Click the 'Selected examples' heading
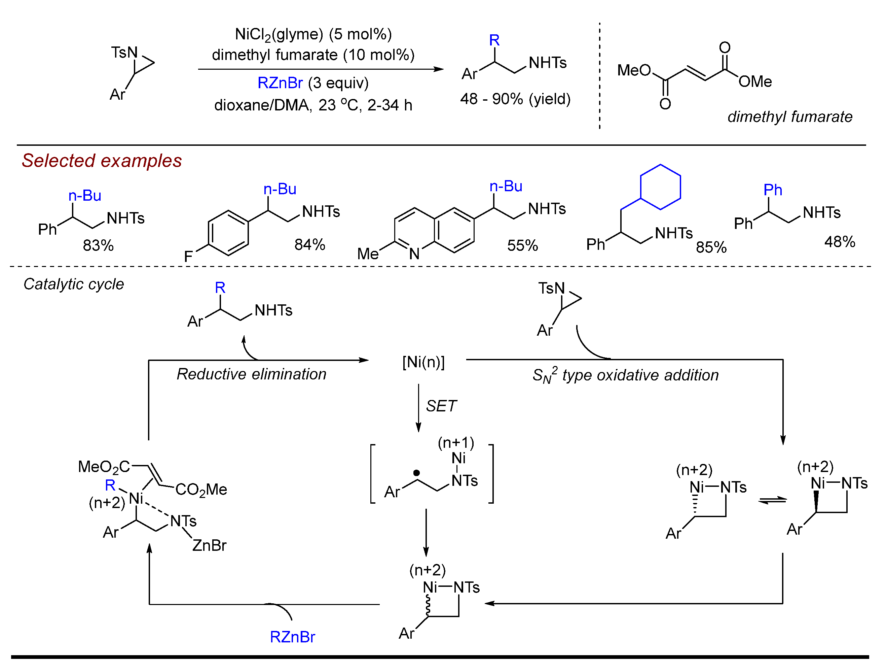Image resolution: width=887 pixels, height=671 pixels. (x=102, y=161)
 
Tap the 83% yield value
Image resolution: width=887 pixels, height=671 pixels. (x=98, y=245)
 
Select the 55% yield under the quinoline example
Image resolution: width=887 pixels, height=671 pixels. (x=522, y=245)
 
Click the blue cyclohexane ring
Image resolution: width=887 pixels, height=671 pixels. (x=660, y=187)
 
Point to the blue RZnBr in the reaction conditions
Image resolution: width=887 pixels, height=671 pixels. (x=280, y=83)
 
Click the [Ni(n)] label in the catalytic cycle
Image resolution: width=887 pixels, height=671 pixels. (x=423, y=362)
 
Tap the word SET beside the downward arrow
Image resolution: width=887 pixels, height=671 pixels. (x=441, y=406)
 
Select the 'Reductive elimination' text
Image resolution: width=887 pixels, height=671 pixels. (x=251, y=374)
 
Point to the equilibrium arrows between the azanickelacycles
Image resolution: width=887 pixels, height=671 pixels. (x=772, y=500)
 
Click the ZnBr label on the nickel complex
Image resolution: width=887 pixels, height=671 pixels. (x=209, y=545)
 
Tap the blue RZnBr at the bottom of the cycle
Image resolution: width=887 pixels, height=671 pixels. (x=292, y=637)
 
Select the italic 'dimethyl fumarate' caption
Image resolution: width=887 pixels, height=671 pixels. (x=789, y=117)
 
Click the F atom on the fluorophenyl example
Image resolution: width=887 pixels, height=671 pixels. (x=188, y=256)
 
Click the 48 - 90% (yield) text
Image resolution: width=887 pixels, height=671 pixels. (x=515, y=99)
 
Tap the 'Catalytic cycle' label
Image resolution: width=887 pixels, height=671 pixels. (x=74, y=284)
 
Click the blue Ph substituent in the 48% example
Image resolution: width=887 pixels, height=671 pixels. (x=772, y=190)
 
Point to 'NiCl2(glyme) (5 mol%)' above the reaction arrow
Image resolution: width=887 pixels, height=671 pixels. (x=313, y=35)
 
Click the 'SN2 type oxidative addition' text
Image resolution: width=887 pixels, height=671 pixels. (x=625, y=375)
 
